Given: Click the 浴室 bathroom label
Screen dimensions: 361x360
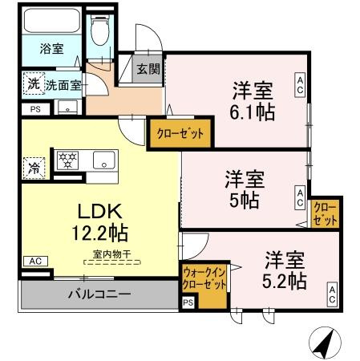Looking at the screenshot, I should click(x=52, y=49).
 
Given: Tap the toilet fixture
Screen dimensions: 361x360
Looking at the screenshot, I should click(x=100, y=33).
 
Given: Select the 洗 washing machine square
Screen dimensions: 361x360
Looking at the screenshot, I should click(x=32, y=83).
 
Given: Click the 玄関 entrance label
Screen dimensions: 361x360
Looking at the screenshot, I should click(x=148, y=69).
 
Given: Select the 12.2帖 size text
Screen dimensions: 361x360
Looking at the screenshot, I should click(x=98, y=235).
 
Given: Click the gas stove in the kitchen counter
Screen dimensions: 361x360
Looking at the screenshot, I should click(x=68, y=160).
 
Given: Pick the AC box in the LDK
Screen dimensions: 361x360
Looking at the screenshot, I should click(x=34, y=262).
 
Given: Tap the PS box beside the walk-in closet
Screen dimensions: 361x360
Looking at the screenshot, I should click(x=188, y=302).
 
